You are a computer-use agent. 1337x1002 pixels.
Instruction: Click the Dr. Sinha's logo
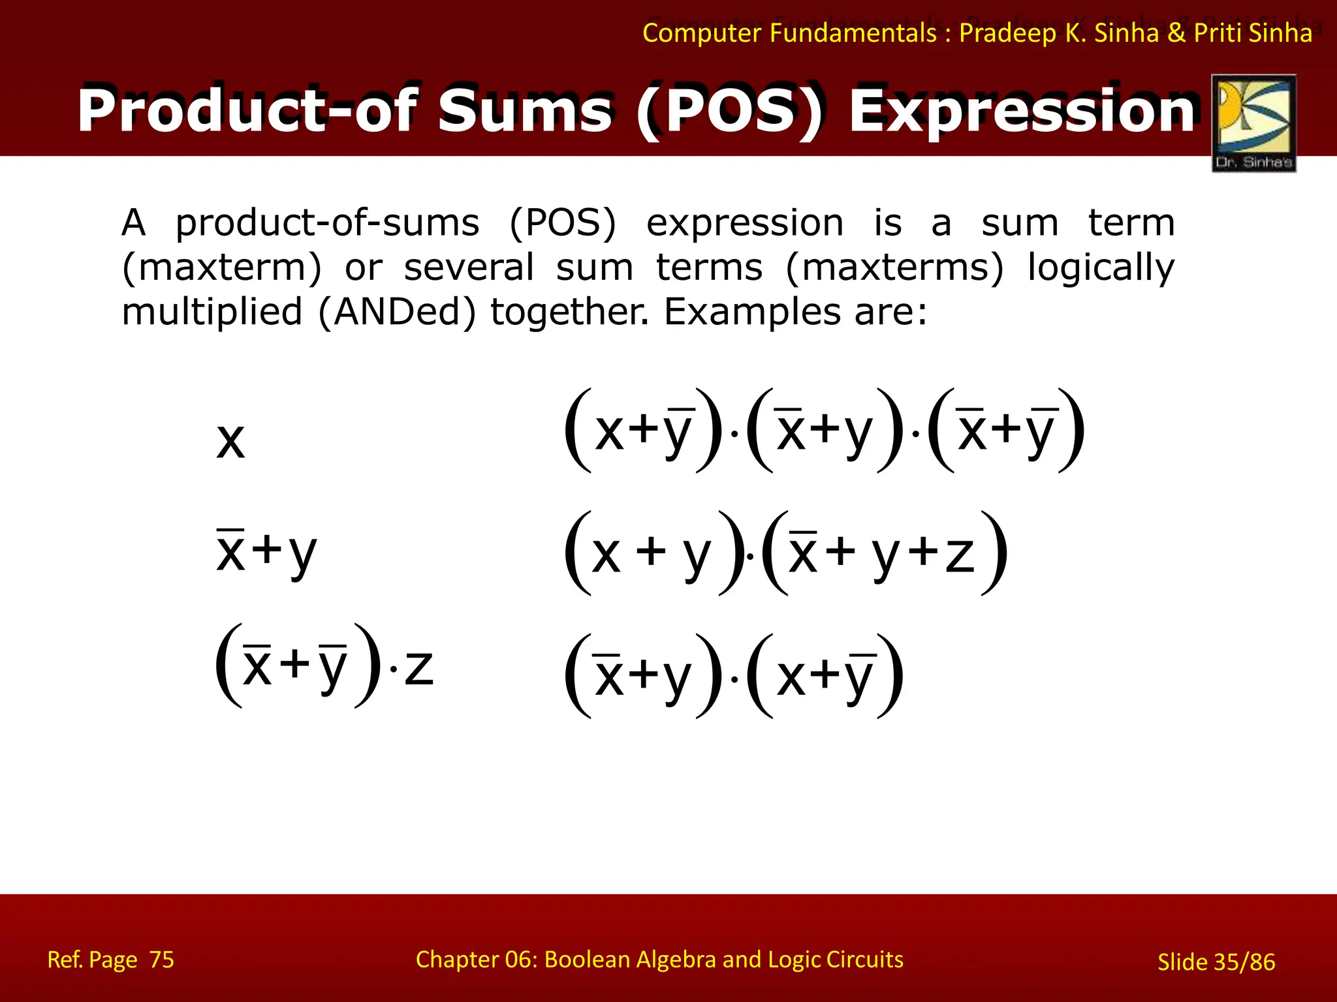(1253, 123)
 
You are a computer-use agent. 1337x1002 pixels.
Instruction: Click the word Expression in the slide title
(1022, 111)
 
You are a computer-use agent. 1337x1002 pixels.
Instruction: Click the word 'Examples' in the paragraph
(752, 312)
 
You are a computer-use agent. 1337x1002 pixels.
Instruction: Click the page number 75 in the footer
(161, 960)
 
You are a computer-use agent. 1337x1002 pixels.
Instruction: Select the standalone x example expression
(230, 441)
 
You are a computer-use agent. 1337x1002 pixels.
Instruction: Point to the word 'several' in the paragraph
(469, 268)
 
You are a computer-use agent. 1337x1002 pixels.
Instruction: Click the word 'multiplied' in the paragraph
(212, 312)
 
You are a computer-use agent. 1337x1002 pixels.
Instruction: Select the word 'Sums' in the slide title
(526, 111)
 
